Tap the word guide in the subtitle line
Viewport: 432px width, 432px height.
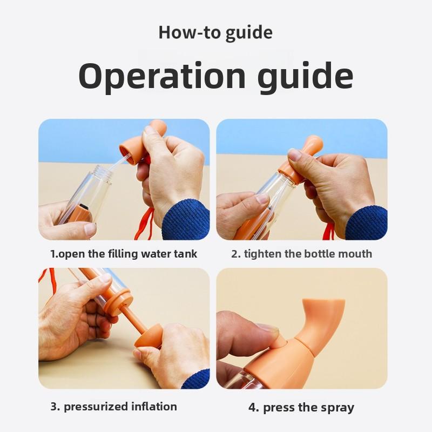point(249,32)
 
